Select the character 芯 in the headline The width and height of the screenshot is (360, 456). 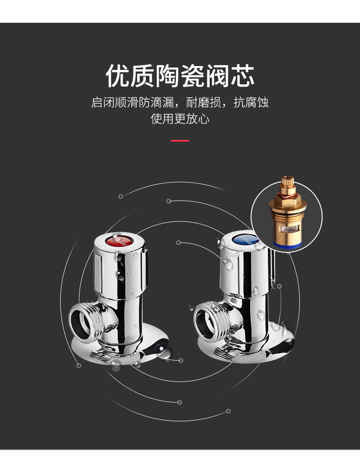point(242,76)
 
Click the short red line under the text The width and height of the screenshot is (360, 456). point(180,141)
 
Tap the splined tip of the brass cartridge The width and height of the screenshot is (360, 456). point(287,183)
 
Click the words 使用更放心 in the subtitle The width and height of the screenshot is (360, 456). point(180,119)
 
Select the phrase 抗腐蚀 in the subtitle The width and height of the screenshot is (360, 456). point(251,102)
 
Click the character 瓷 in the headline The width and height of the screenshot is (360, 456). point(192,76)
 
